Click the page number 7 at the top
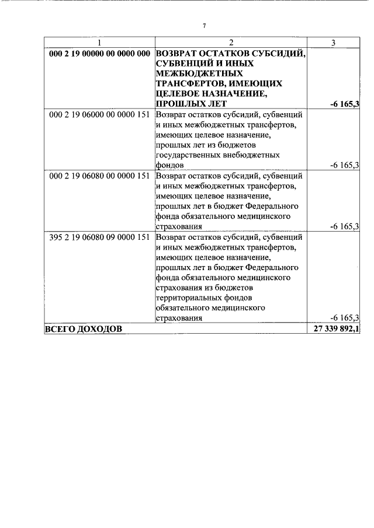point(204,26)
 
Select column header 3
point(333,43)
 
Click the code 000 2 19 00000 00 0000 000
point(99,53)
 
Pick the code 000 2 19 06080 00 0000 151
point(99,176)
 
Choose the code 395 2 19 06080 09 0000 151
point(99,237)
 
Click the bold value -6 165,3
point(344,104)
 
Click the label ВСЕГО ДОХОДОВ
point(84,330)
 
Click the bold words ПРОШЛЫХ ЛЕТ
point(188,104)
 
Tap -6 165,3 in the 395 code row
point(344,319)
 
